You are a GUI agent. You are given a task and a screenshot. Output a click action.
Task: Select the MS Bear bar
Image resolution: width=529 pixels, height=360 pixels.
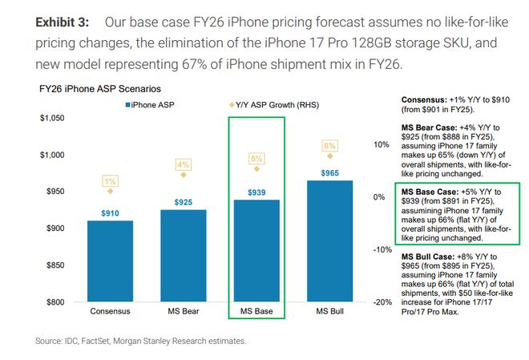click(x=183, y=256)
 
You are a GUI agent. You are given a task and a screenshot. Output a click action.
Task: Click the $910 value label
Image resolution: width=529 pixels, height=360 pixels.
click(x=111, y=212)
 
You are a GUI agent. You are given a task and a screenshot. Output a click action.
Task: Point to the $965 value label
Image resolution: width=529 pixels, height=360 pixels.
click(x=329, y=172)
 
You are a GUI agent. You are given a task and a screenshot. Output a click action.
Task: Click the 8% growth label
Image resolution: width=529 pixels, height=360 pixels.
click(x=329, y=146)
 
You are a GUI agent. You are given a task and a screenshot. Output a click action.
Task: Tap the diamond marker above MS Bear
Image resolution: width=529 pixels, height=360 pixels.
click(x=184, y=175)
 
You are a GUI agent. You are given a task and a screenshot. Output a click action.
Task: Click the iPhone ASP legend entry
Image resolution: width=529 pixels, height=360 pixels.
click(x=149, y=105)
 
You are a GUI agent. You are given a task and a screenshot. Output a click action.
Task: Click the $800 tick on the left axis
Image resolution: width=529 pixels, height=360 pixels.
click(x=56, y=302)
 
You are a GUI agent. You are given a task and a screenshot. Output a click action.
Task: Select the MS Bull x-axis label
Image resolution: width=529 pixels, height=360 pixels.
click(x=329, y=310)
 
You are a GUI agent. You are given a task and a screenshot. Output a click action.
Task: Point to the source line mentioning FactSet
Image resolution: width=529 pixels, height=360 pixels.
click(x=141, y=341)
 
